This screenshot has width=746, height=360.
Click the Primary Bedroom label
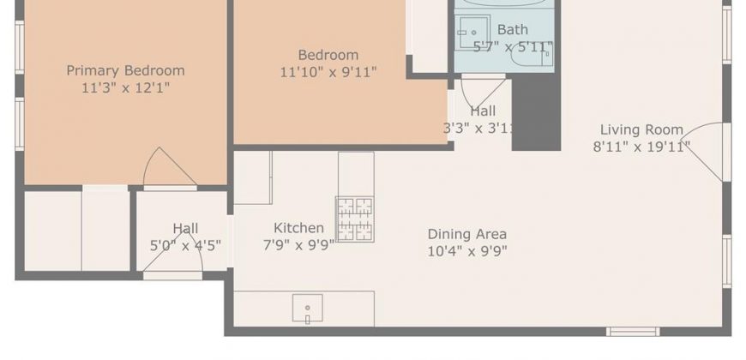125,71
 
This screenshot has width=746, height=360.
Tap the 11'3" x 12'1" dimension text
125,88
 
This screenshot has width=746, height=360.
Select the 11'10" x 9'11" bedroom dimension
328,72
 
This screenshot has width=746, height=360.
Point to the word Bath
513,29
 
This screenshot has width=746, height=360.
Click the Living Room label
641,129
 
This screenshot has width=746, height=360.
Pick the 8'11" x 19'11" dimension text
641,147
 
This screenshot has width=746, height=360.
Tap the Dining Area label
466,234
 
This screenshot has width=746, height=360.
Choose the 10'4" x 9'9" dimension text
467,250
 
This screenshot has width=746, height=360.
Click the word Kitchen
298,228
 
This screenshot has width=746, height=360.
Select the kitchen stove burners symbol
355,219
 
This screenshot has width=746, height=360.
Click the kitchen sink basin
307,309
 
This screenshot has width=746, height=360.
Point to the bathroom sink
472,33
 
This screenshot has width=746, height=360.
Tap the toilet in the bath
532,55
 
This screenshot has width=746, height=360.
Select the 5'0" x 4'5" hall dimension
185,246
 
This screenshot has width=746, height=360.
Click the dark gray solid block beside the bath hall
536,112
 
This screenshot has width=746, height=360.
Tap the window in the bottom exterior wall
633,332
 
